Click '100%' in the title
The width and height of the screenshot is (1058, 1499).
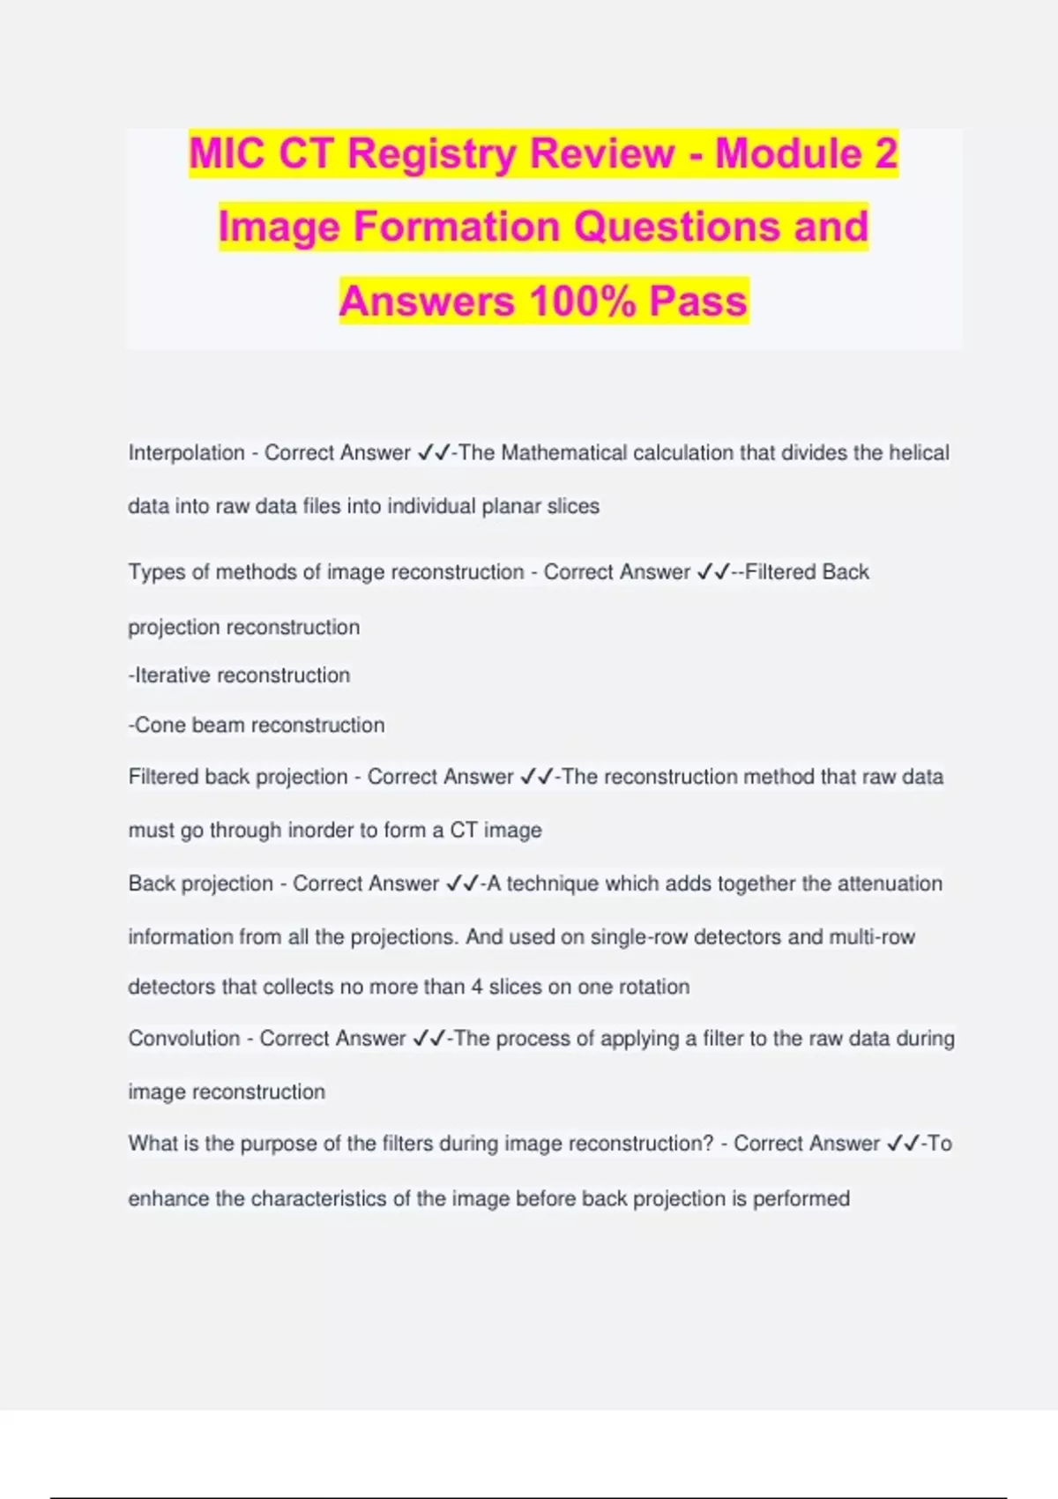[582, 301]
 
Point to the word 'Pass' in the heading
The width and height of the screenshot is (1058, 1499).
[698, 301]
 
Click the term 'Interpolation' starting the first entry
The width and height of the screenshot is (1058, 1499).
[186, 453]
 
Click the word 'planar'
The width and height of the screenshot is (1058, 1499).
[506, 507]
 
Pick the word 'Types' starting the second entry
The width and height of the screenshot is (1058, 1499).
[156, 572]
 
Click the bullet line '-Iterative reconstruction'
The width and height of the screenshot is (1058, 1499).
[239, 675]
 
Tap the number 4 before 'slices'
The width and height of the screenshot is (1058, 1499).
[476, 987]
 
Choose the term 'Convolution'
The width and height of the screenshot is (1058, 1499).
[183, 1039]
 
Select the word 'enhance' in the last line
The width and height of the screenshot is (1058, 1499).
[168, 1199]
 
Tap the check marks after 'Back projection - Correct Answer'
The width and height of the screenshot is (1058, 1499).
[462, 884]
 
